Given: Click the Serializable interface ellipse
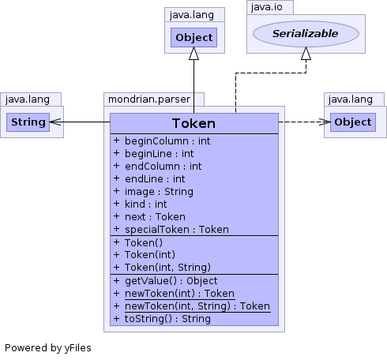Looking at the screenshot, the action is click(306, 34).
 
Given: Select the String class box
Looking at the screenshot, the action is click(28, 122).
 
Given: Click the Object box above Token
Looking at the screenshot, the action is click(193, 38).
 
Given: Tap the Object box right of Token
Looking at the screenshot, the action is click(353, 122).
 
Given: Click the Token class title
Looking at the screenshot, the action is click(193, 123).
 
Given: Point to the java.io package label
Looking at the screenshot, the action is click(267, 7).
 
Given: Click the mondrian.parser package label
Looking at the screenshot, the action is click(149, 99).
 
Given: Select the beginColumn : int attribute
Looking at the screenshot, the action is click(167, 141).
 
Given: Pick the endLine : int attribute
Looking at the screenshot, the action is click(155, 179).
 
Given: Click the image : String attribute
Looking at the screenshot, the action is click(159, 192).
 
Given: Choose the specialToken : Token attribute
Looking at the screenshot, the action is click(177, 230).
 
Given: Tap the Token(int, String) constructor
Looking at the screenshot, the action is click(167, 268).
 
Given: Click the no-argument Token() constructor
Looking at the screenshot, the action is click(144, 242).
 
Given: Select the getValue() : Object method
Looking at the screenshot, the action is click(171, 281).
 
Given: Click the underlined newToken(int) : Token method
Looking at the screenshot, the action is click(179, 294).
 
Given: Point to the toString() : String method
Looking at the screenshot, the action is click(167, 319).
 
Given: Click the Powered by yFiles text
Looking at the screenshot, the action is click(48, 348).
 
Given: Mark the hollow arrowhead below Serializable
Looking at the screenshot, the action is click(306, 54).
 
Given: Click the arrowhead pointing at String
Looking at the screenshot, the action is click(55, 122).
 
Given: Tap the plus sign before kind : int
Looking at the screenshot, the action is click(116, 204).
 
